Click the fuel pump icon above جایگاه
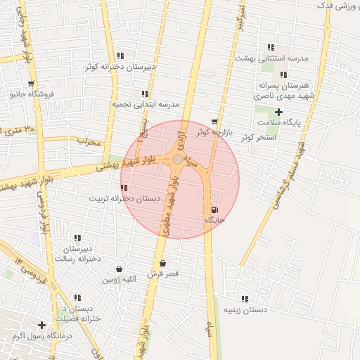coord(213,209)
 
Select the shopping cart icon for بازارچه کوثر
coord(214,121)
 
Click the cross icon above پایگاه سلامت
coord(279,112)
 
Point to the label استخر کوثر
coord(256,137)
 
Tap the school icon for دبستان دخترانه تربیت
coord(124,188)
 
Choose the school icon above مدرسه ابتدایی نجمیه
coord(145,94)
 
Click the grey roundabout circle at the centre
coord(177,160)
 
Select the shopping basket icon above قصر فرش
coord(163,263)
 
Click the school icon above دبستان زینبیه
coord(245,299)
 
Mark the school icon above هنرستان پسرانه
coord(283,75)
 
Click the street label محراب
coord(89,142)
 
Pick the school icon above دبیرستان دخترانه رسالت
coord(77,238)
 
